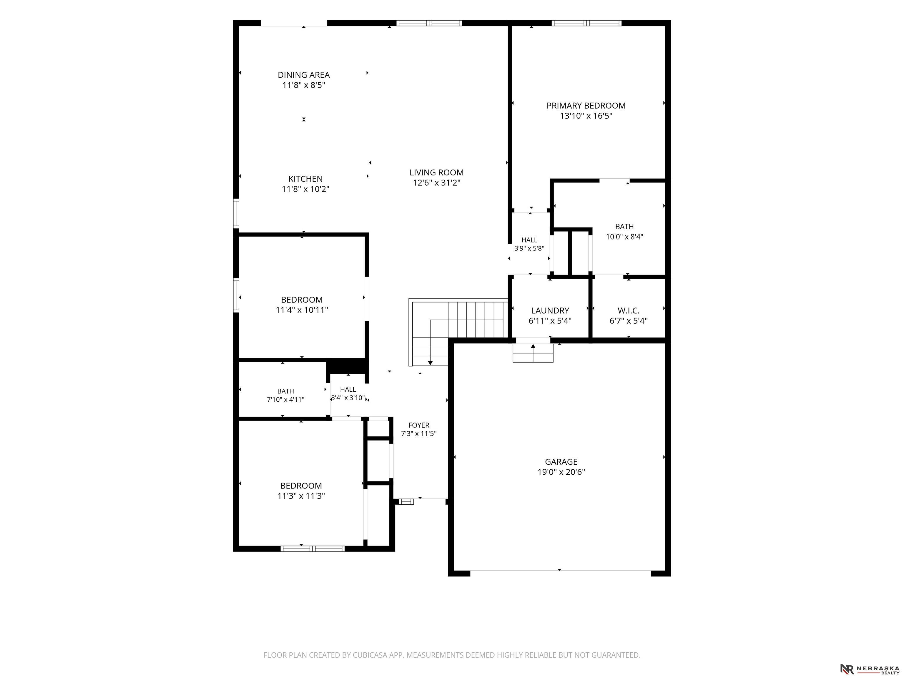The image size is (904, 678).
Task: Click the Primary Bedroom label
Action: pos(586,105)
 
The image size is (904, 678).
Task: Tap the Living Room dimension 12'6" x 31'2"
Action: pos(436,183)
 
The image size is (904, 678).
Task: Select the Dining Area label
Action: pos(304,75)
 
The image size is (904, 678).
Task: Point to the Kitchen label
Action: pos(305,179)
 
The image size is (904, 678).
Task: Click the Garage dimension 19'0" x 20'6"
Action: pos(561,472)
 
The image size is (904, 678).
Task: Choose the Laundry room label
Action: pos(550,310)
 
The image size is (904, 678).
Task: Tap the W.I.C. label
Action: pos(629,310)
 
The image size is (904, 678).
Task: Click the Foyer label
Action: pos(419,425)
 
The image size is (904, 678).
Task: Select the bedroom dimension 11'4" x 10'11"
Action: pos(302,310)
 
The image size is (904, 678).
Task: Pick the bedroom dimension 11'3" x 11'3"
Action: pos(301,496)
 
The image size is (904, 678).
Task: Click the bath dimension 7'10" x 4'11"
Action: pos(286,399)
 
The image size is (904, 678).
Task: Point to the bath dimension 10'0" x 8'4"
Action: pos(624,236)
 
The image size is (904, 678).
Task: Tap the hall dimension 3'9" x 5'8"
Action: pos(529,248)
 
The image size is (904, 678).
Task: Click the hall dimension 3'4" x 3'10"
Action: pos(348,398)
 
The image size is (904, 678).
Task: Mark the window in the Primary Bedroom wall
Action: pos(586,23)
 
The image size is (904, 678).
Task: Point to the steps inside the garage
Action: pos(533,353)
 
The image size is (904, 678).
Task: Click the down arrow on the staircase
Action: pos(430,363)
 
